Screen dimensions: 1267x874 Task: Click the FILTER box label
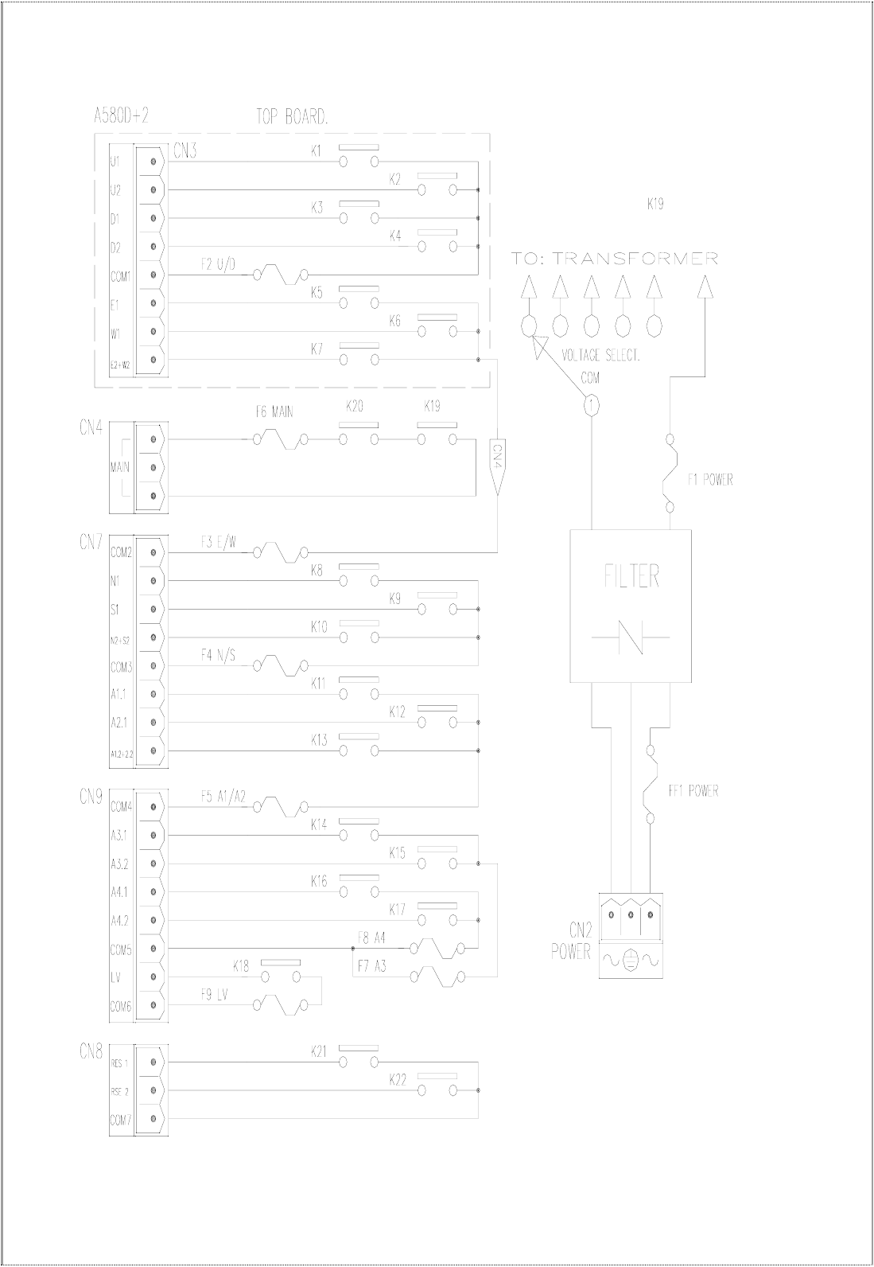click(x=632, y=576)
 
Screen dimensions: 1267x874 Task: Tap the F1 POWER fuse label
click(x=710, y=480)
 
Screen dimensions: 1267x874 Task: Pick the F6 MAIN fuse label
click(x=274, y=412)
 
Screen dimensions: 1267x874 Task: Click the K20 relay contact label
click(x=355, y=406)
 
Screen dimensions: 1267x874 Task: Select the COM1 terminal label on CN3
click(x=120, y=275)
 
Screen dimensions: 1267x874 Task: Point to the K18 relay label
click(x=241, y=967)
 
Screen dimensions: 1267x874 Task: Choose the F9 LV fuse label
click(x=215, y=994)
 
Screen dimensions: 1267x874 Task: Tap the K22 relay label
click(x=398, y=1080)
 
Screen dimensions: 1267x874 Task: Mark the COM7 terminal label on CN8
click(x=120, y=1120)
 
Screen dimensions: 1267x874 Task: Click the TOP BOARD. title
click(x=292, y=117)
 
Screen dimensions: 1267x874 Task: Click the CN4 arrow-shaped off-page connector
click(x=495, y=466)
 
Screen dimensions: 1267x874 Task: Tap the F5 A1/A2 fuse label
click(x=224, y=796)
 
